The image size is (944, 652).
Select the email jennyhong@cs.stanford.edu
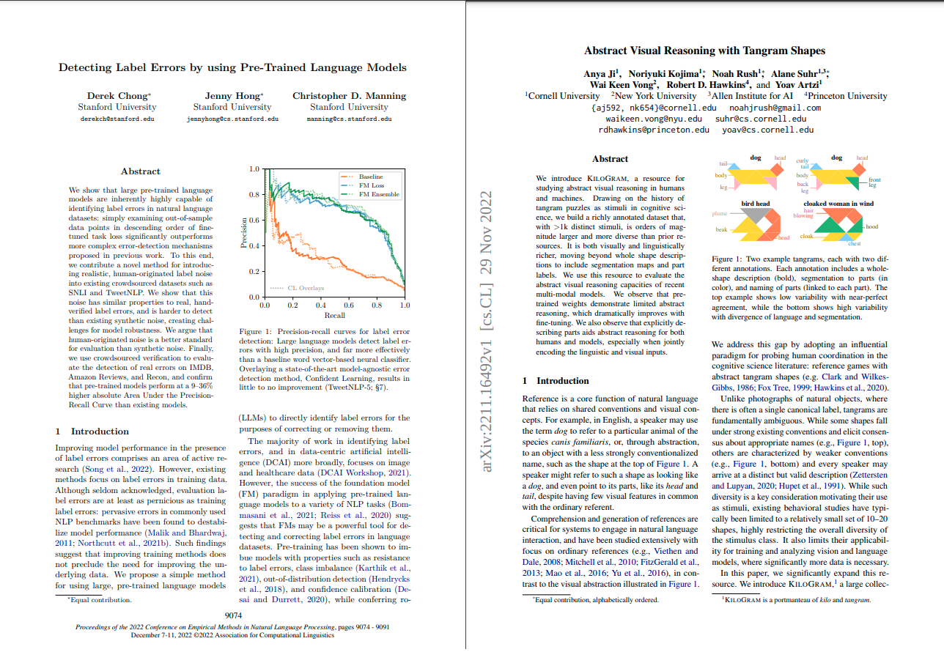(232, 118)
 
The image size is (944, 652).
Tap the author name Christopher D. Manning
(349, 96)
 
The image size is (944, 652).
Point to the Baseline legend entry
(371, 177)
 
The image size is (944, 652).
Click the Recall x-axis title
(335, 315)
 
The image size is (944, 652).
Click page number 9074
(232, 616)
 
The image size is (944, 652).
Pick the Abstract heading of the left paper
(141, 171)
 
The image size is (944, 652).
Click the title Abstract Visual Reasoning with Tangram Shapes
(704, 51)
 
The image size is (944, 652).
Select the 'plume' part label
(719, 213)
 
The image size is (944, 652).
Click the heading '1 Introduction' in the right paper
(555, 381)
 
